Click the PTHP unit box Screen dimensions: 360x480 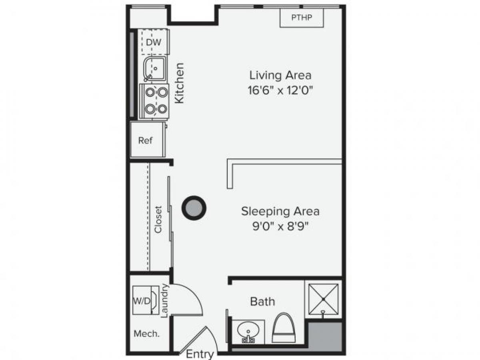tap(302, 18)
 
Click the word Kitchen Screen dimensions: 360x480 tap(180, 83)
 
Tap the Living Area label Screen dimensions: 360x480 tap(280, 75)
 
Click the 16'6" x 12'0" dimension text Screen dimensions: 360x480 tap(280, 90)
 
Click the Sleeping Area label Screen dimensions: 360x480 tap(280, 211)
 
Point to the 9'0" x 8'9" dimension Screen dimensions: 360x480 tap(280, 227)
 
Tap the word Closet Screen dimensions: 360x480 tap(159, 219)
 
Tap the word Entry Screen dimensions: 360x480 tap(200, 354)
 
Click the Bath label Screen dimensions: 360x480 tap(262, 301)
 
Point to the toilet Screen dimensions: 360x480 tap(284, 328)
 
